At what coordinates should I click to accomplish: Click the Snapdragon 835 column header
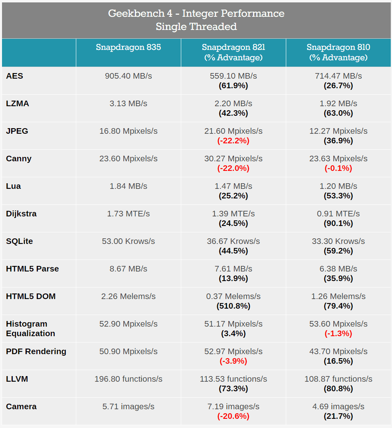click(128, 47)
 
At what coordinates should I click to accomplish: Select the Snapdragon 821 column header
click(234, 52)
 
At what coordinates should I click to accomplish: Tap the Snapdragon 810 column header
click(338, 52)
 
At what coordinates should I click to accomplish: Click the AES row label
click(14, 76)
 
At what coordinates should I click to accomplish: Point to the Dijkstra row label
click(21, 214)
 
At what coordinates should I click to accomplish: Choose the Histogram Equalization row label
click(31, 329)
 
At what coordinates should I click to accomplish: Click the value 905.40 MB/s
click(128, 76)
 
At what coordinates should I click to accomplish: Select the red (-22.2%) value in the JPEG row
click(234, 141)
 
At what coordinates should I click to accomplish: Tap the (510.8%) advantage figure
click(234, 306)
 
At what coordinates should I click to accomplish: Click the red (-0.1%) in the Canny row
click(338, 168)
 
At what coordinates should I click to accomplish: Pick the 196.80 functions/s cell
click(128, 379)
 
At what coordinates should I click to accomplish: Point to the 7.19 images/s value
click(234, 406)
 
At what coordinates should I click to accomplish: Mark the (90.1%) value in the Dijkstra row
click(338, 224)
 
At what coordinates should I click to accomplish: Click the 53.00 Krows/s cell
click(128, 241)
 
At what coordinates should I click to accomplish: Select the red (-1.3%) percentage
click(338, 333)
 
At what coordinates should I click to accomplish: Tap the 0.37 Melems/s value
click(234, 296)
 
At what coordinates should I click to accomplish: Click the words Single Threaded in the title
click(196, 27)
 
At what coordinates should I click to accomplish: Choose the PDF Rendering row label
click(36, 351)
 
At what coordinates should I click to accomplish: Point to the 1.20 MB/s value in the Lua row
click(338, 186)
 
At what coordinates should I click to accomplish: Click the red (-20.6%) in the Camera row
click(234, 416)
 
